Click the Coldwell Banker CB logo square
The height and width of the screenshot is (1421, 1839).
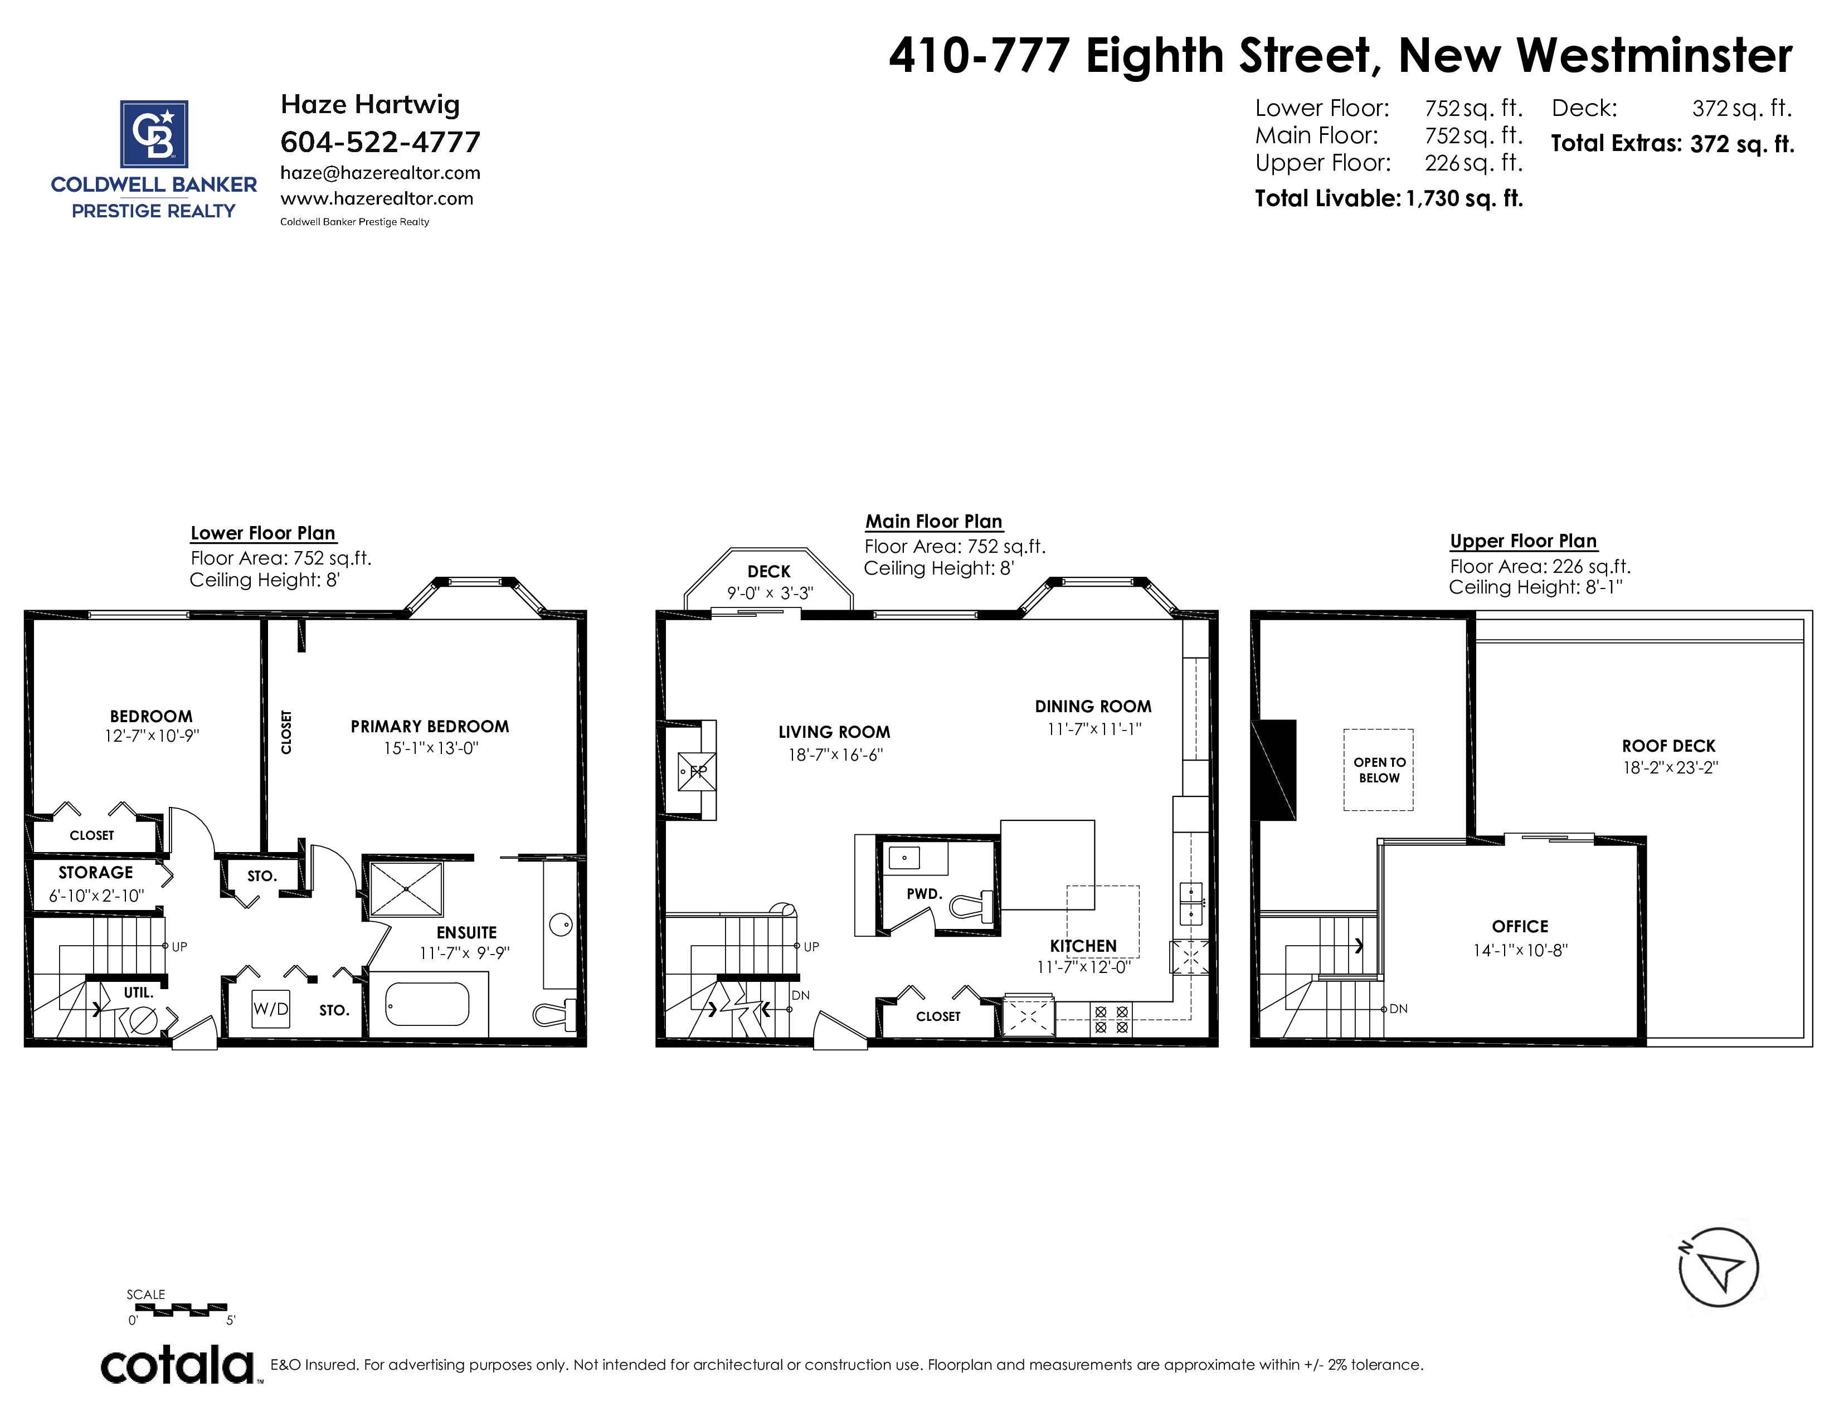(x=154, y=133)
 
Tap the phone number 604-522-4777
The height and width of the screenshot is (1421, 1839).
(x=381, y=142)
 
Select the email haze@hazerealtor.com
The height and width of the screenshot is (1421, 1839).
(x=381, y=173)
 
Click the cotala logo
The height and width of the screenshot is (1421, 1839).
(x=178, y=1365)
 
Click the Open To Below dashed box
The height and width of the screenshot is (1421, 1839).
(x=1378, y=770)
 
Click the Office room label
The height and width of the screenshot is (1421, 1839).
(x=1520, y=927)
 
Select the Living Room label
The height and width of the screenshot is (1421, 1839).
(x=834, y=732)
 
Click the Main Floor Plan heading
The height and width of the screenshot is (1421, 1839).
(x=934, y=521)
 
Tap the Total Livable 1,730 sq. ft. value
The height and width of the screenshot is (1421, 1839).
(x=1465, y=199)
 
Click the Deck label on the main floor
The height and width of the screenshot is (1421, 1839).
(x=769, y=572)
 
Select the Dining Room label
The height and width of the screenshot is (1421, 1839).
(x=1093, y=706)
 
